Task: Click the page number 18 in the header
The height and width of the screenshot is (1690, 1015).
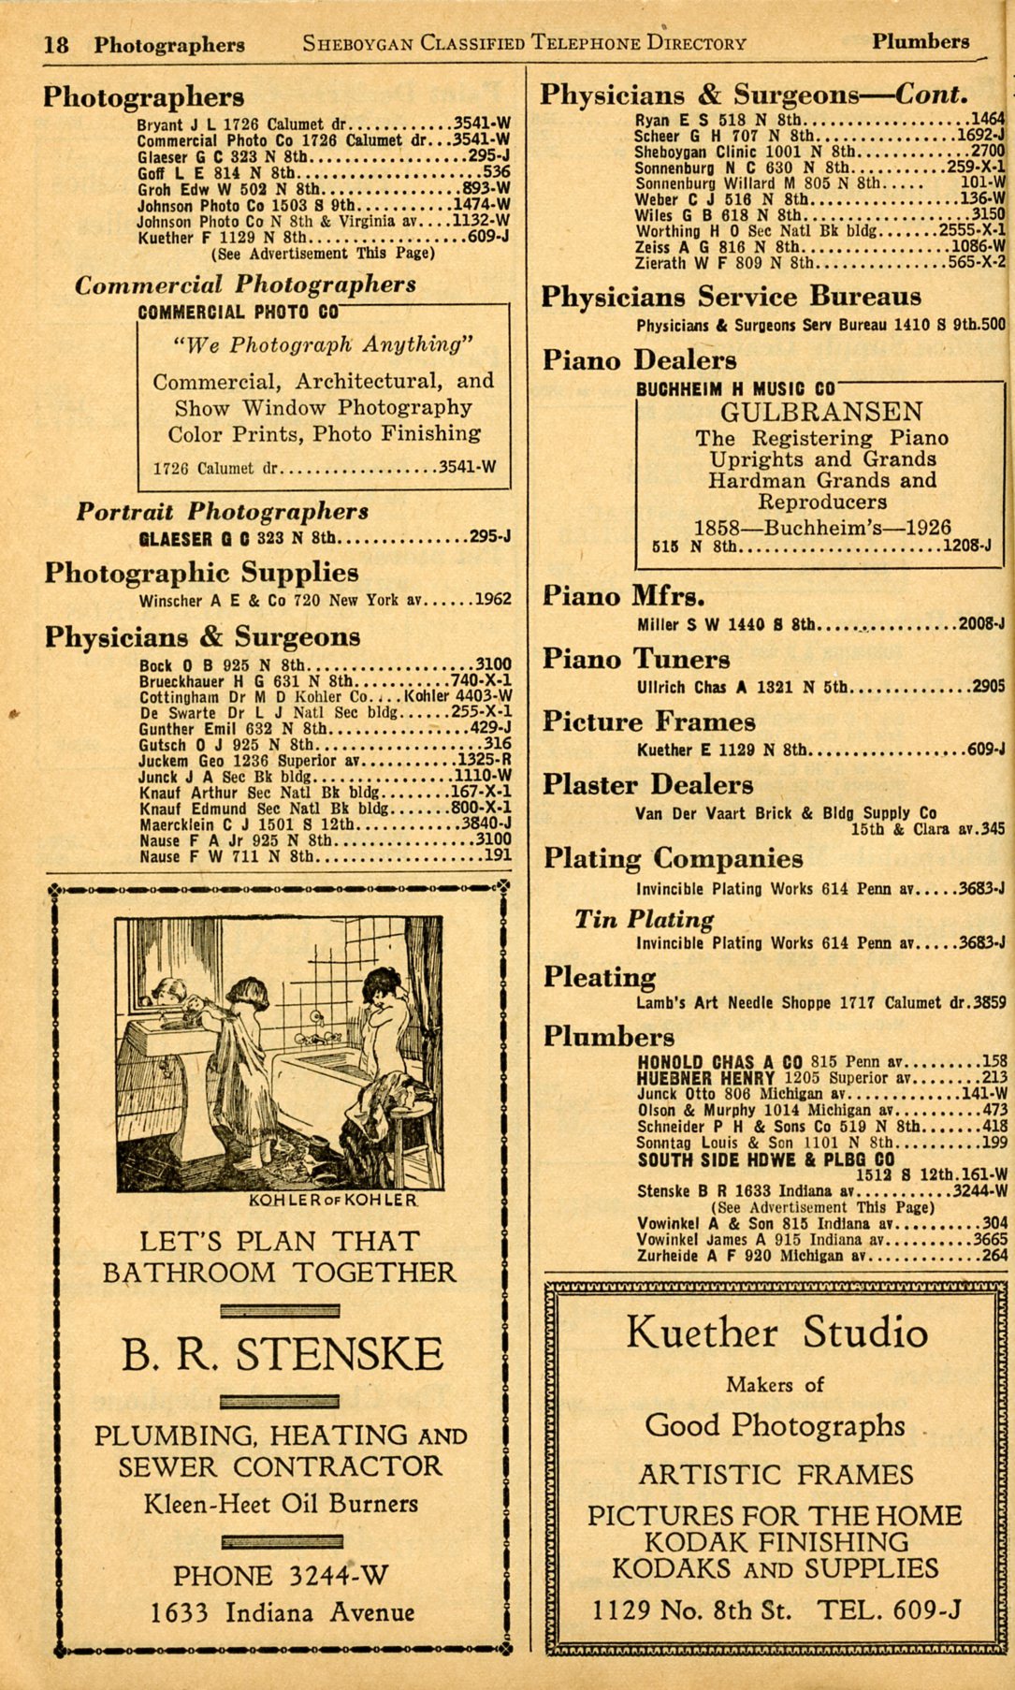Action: point(56,44)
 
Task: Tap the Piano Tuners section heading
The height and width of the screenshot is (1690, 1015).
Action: point(636,659)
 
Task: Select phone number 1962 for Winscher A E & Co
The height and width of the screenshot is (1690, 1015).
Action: point(493,600)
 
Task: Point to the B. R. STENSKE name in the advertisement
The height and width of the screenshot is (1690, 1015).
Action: point(282,1354)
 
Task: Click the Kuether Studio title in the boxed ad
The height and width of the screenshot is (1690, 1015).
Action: point(776,1333)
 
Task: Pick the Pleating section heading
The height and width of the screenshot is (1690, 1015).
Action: point(600,977)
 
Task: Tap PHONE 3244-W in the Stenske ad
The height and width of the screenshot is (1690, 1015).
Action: point(281,1576)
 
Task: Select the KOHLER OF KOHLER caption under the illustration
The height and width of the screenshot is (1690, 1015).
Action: point(332,1200)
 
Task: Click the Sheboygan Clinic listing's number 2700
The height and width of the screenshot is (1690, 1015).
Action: point(988,151)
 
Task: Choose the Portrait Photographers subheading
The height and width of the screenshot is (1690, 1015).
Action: point(223,511)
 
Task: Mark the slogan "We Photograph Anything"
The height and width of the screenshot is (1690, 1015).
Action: point(323,344)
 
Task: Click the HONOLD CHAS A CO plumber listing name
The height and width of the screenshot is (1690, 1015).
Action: point(720,1062)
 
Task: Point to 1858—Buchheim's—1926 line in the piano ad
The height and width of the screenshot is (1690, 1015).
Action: point(821,527)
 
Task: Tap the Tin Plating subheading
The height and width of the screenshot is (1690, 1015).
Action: point(645,919)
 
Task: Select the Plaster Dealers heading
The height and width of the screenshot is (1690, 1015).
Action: point(648,784)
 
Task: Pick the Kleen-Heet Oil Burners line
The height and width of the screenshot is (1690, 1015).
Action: point(281,1504)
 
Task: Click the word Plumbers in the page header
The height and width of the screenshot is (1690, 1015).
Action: point(921,41)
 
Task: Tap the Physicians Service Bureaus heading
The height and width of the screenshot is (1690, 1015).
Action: point(732,297)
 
